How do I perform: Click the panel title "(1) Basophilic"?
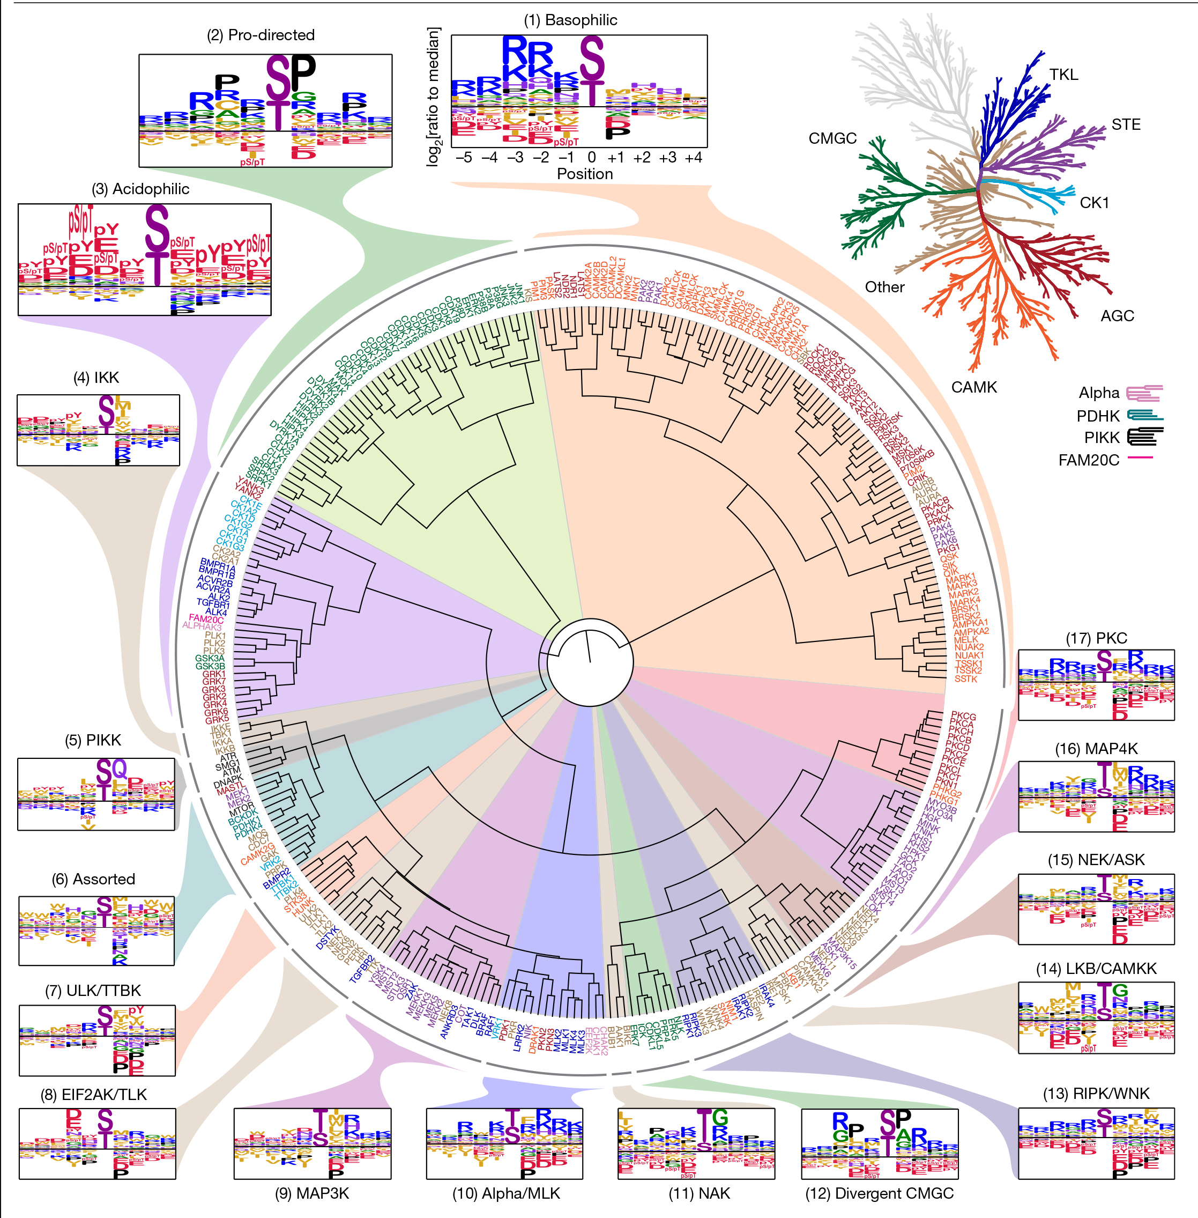click(x=570, y=20)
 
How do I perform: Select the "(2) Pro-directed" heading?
click(x=261, y=35)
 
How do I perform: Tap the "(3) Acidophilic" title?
click(x=140, y=189)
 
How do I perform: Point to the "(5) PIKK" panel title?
click(x=93, y=740)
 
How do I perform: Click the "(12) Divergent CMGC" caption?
click(x=879, y=1193)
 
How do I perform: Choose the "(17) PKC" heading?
click(x=1096, y=638)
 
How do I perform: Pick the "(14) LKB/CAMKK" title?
click(x=1096, y=968)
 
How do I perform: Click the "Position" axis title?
click(x=585, y=174)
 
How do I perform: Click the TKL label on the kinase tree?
click(x=1063, y=75)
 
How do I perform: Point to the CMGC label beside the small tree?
click(x=832, y=138)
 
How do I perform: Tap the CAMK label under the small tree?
click(x=973, y=387)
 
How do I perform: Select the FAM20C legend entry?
click(x=1089, y=460)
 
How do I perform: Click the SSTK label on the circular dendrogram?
click(x=966, y=678)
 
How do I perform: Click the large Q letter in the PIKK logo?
click(x=119, y=769)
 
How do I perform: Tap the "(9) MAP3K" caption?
click(x=311, y=1193)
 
